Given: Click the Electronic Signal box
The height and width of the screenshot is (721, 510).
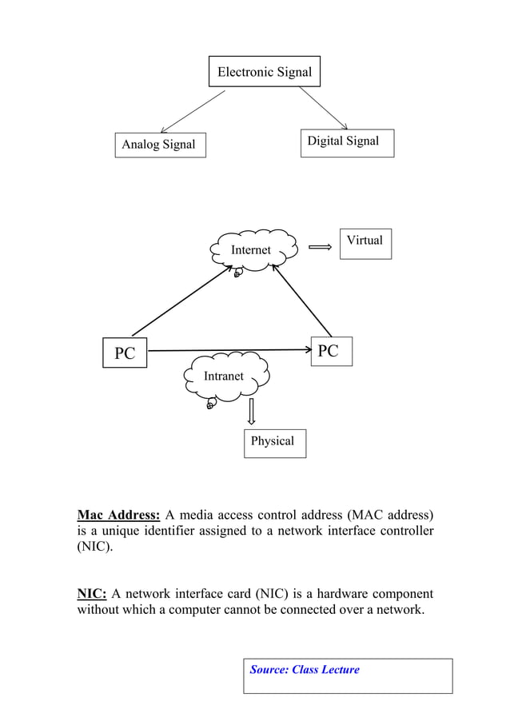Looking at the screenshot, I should click(x=265, y=72).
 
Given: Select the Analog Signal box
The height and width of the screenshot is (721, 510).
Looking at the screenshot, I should click(x=159, y=145).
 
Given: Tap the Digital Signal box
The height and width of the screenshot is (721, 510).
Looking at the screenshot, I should click(x=347, y=142).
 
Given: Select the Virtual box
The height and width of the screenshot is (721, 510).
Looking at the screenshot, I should click(x=365, y=242).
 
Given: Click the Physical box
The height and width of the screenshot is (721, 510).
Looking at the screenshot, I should click(x=273, y=441).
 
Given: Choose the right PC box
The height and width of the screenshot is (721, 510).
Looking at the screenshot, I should click(x=329, y=351).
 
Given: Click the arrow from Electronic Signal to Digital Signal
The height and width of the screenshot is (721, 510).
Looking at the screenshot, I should click(x=323, y=107).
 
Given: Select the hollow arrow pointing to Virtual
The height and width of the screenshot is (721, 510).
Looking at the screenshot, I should click(x=320, y=248).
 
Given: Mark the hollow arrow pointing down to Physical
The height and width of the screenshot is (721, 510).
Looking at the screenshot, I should click(x=252, y=412).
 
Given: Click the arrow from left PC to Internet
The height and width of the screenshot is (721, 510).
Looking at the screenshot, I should click(x=181, y=301).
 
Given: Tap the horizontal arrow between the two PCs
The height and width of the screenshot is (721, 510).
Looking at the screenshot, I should click(x=228, y=350).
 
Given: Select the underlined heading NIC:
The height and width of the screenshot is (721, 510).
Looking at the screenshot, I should click(x=92, y=594).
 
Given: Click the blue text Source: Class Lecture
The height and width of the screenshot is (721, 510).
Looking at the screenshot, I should click(x=305, y=670).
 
